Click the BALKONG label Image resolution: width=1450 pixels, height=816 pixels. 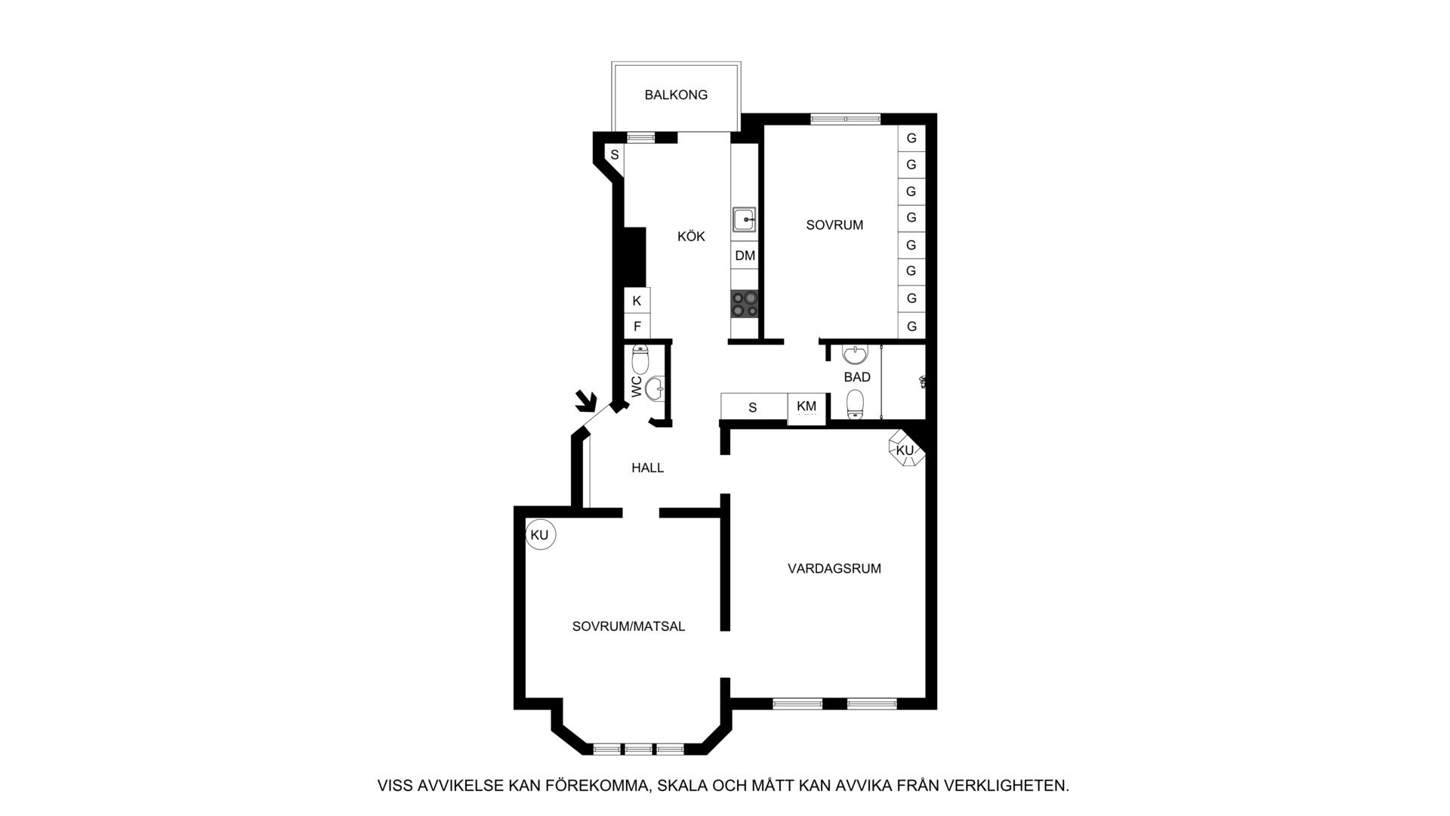tap(676, 95)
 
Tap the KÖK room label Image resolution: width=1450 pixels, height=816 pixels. tap(691, 236)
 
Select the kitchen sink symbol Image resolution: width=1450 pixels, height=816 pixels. tap(744, 219)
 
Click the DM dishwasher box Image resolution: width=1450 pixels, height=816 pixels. tap(745, 255)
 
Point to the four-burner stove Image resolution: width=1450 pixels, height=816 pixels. tap(745, 304)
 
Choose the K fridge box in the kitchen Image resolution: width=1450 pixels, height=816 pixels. tap(637, 301)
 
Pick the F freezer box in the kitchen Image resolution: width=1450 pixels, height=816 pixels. tap(637, 326)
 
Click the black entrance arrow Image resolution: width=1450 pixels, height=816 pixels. tap(585, 400)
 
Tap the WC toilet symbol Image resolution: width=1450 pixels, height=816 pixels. tap(640, 358)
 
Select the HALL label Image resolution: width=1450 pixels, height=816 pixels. tap(648, 468)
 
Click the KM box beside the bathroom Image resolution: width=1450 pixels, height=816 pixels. tap(807, 409)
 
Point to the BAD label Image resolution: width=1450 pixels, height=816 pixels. tap(857, 377)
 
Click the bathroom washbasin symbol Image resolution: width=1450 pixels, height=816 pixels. tap(855, 354)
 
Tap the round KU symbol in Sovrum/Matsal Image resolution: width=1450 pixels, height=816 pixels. tap(540, 535)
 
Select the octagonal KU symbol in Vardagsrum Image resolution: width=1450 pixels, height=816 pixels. tap(905, 450)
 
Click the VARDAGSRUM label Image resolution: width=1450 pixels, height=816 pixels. tap(835, 569)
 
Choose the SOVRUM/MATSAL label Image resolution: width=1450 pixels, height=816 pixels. tap(628, 626)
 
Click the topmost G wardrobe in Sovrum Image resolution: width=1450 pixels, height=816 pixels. tap(912, 138)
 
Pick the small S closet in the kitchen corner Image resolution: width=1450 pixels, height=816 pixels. tap(615, 156)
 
